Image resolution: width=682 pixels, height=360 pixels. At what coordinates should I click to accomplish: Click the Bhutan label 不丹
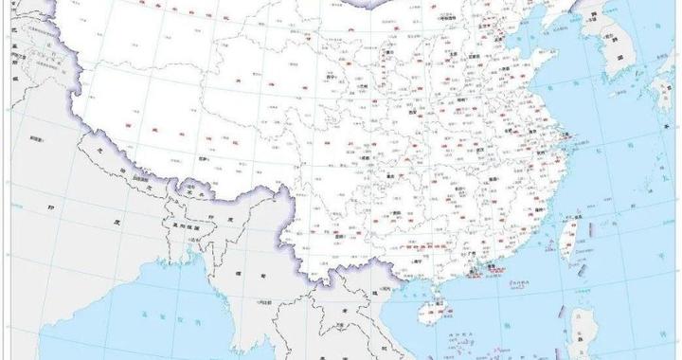[189, 192]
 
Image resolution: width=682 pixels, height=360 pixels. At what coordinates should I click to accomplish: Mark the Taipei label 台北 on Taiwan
[575, 215]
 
